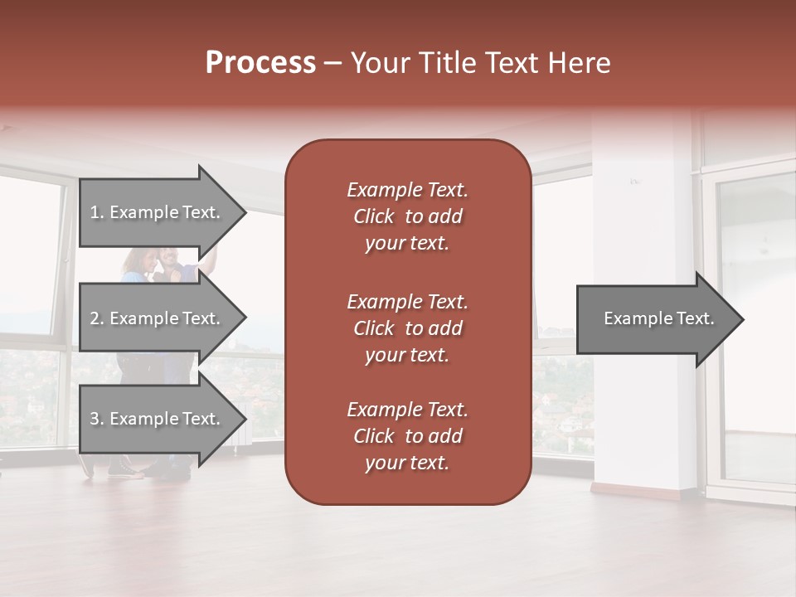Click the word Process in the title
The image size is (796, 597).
tap(260, 63)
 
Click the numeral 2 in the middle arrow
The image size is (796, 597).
tap(95, 318)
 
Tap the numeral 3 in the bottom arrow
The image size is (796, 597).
tap(95, 419)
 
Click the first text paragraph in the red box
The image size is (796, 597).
tap(407, 216)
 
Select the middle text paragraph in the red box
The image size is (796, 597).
tap(407, 328)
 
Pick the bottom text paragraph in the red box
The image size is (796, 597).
tap(407, 436)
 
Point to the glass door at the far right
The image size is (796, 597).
tap(755, 332)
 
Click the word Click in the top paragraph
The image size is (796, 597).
tap(374, 216)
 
